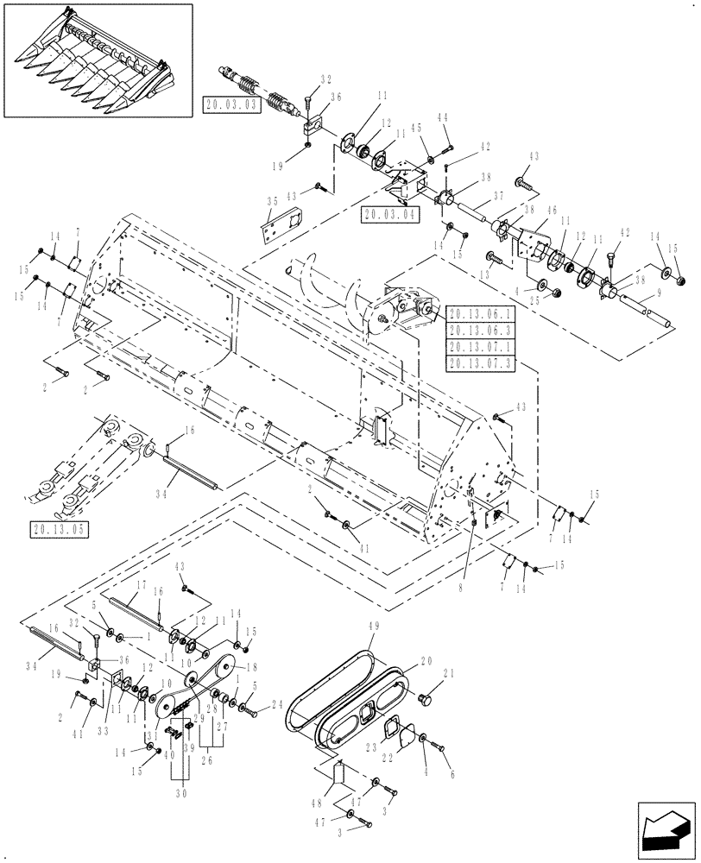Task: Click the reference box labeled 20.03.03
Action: pyautogui.click(x=229, y=104)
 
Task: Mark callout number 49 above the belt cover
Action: pyautogui.click(x=374, y=632)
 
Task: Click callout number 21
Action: pyautogui.click(x=447, y=675)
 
